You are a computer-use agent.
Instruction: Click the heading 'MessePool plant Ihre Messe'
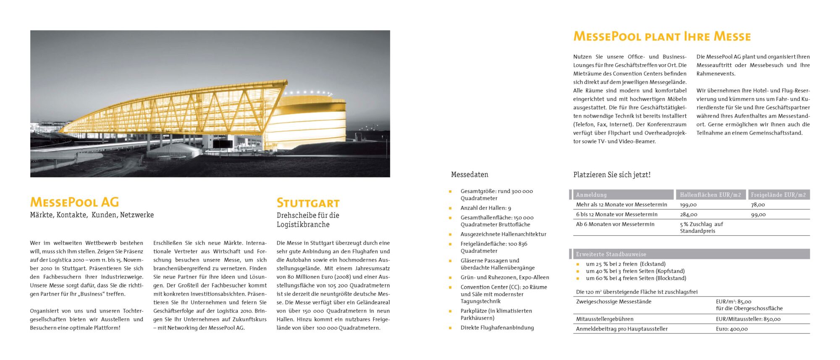pos(662,37)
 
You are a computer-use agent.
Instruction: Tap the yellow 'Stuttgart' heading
pos(308,203)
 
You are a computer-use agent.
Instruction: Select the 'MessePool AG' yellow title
pos(74,202)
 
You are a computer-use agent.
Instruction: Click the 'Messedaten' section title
pos(470,174)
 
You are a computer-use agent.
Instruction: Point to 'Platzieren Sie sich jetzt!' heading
pos(612,175)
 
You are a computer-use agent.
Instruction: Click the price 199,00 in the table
pos(688,205)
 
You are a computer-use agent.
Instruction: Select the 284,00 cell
pos(688,214)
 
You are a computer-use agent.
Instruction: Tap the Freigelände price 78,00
pos(758,205)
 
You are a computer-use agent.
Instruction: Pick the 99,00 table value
pos(758,214)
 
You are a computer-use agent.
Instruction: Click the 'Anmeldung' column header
pos(591,194)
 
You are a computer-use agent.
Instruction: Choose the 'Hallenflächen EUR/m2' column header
pos(710,194)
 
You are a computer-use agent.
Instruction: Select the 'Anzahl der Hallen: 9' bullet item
pos(486,208)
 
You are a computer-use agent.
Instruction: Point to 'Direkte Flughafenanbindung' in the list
pos(497,328)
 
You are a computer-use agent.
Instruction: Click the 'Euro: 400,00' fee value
pos(732,329)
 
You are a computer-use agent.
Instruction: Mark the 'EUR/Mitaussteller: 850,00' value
pos(748,319)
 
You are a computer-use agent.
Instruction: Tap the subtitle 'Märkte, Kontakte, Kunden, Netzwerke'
pos(92,215)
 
